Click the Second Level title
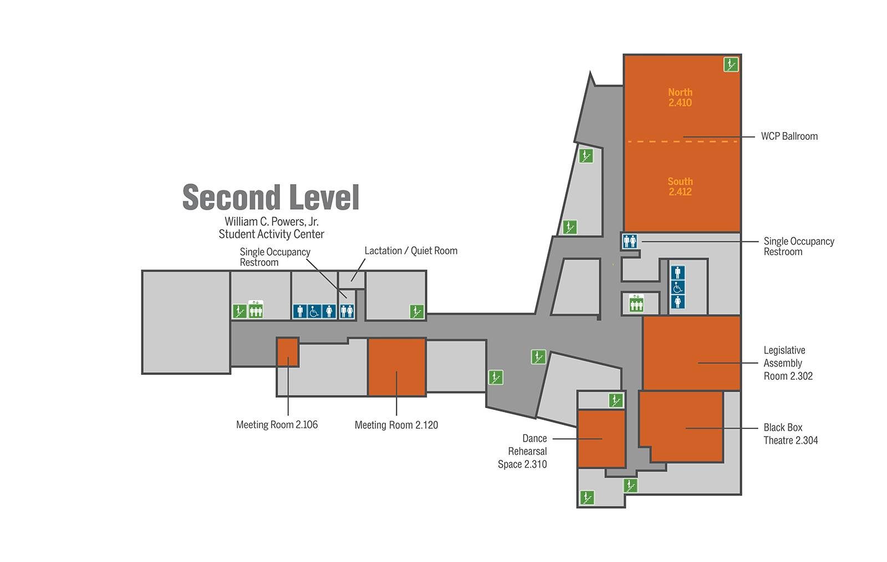pos(271,197)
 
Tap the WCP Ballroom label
pos(789,136)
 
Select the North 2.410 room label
pos(680,98)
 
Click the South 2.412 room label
pos(680,186)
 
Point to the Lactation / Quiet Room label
pos(411,251)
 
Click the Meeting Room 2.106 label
pos(277,425)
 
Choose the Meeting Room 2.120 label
pos(396,426)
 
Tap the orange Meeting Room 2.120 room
pos(397,367)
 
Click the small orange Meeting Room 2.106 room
pos(288,352)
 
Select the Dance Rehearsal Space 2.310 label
pos(523,452)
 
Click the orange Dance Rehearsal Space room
pos(601,439)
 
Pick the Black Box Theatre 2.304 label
pos(791,434)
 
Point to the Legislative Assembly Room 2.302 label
pos(788,363)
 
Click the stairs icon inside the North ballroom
pos(731,64)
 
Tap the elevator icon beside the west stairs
pos(256,310)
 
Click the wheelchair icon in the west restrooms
pos(314,312)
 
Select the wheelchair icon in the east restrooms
pos(678,288)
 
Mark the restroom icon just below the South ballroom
pos(630,241)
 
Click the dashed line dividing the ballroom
pos(682,141)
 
